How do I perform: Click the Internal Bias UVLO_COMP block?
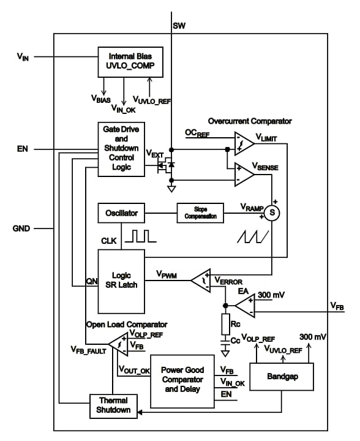[x=130, y=62]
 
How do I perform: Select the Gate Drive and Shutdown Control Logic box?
[x=121, y=149]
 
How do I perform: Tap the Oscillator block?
[x=121, y=214]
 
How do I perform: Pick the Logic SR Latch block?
[x=121, y=281]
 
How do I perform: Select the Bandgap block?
[x=282, y=377]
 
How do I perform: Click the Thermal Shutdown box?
[x=114, y=405]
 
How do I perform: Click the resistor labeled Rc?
[x=225, y=323]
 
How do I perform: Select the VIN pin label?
[x=24, y=56]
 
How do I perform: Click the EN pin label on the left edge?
[x=23, y=149]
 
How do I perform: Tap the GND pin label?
[x=22, y=229]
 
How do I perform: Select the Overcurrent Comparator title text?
[x=250, y=121]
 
